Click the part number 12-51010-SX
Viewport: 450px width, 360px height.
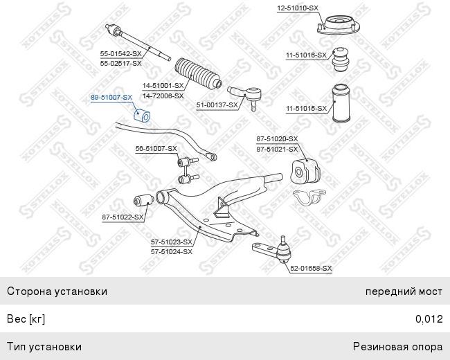tap(298, 8)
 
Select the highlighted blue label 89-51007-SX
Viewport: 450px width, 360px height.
tap(111, 98)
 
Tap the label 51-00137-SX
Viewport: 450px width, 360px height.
tap(217, 105)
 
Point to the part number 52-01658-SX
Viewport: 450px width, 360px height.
tap(311, 269)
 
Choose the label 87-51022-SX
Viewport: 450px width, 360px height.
tap(123, 217)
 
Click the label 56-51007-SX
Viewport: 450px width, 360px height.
tap(156, 149)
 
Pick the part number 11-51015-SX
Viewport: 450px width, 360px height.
tap(306, 109)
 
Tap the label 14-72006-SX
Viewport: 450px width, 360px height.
tap(163, 96)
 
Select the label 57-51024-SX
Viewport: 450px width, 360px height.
tap(172, 252)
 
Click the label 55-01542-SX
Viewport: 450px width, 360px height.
tap(121, 53)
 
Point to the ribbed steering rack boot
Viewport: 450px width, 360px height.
tap(198, 73)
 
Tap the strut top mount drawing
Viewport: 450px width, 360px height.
tap(338, 26)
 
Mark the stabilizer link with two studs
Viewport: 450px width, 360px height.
tap(188, 170)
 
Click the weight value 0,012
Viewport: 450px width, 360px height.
tap(429, 319)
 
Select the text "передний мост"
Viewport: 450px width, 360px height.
tap(404, 291)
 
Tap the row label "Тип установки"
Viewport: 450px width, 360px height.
tap(44, 347)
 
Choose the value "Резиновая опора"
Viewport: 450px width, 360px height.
tap(398, 347)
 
